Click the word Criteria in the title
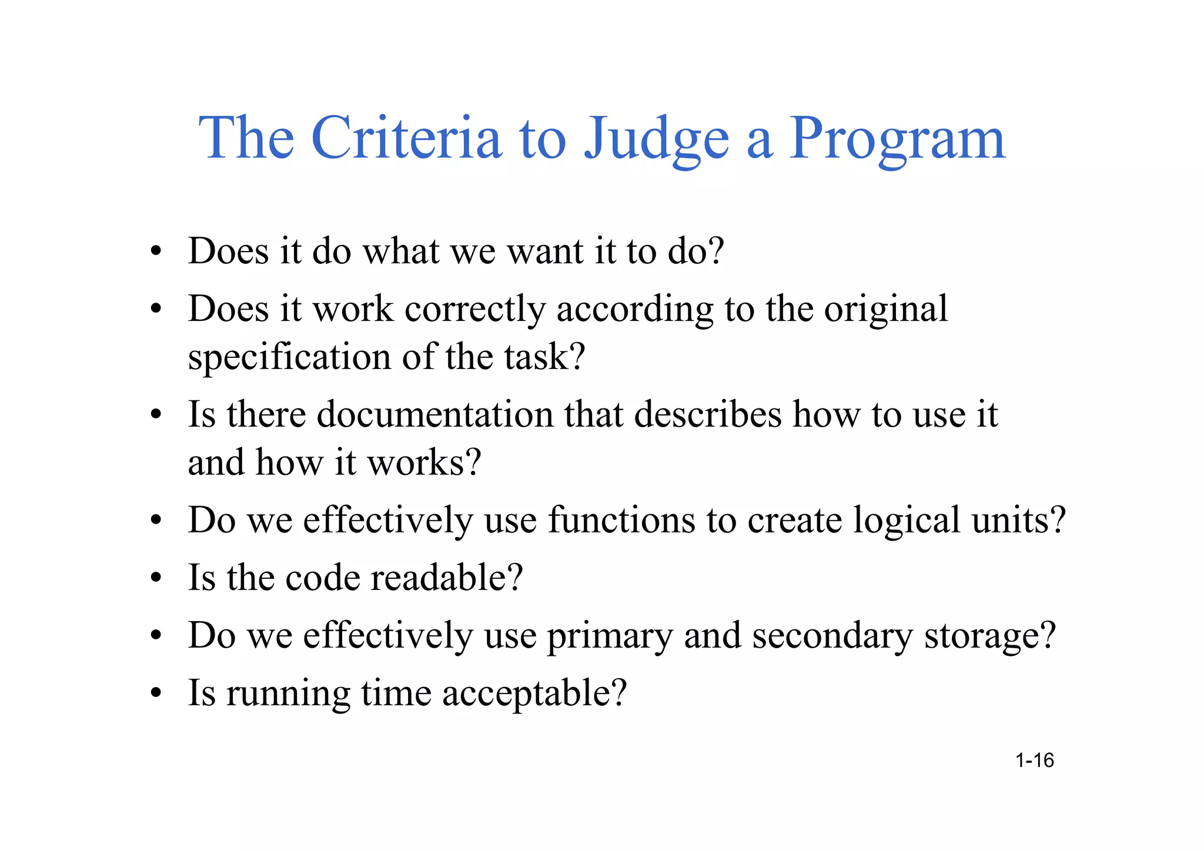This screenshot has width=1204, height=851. [x=406, y=138]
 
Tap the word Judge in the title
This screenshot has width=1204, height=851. [x=656, y=140]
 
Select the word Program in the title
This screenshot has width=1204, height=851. [x=897, y=140]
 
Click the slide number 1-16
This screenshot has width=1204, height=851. [x=1035, y=760]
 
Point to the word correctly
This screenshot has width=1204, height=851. [x=475, y=310]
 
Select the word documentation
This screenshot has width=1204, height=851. [x=435, y=414]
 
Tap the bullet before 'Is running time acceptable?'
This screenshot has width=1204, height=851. [x=156, y=693]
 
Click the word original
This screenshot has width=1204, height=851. [x=885, y=310]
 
